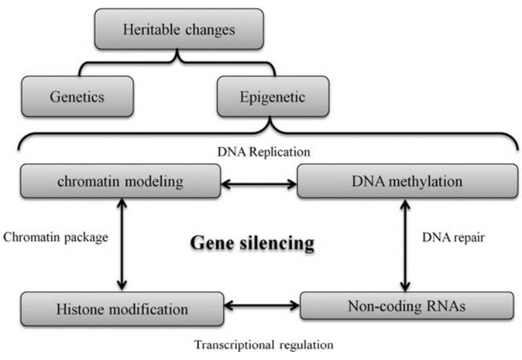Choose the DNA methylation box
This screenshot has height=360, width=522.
408,182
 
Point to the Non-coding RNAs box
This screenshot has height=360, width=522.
406,306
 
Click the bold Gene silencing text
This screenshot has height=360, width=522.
252,243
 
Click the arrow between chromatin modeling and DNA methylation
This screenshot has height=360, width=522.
258,184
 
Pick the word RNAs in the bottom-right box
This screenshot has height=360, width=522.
441,306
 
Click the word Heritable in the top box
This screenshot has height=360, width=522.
146,29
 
